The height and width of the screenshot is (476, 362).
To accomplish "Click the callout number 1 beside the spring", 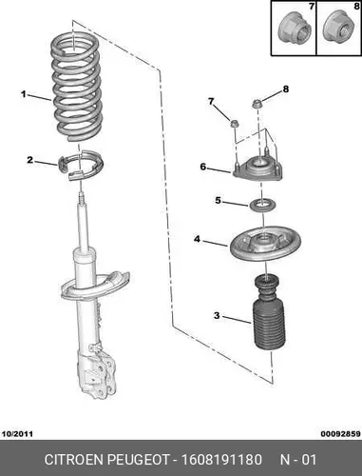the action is (24, 94).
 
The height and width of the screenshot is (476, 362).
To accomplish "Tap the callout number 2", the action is (30, 160).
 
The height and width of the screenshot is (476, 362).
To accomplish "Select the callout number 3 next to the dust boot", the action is (217, 315).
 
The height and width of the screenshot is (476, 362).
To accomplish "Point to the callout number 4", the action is (198, 239).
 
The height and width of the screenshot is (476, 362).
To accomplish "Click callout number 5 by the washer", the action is (218, 201).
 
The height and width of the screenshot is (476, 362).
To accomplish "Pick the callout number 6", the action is (203, 167).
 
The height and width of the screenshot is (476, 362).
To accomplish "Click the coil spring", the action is (76, 88).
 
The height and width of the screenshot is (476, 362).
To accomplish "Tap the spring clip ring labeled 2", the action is (81, 165).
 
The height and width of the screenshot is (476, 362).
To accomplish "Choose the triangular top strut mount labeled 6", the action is (257, 169).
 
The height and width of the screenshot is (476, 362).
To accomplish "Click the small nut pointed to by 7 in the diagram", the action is (235, 124).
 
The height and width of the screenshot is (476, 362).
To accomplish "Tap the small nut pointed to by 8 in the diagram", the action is (257, 104).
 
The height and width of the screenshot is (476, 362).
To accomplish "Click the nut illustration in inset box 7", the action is (294, 30).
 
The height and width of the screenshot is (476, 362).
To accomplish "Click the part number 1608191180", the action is (221, 460).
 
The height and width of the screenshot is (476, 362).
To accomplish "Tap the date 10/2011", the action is (17, 434).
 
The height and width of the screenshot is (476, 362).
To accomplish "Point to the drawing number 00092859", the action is (341, 434).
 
